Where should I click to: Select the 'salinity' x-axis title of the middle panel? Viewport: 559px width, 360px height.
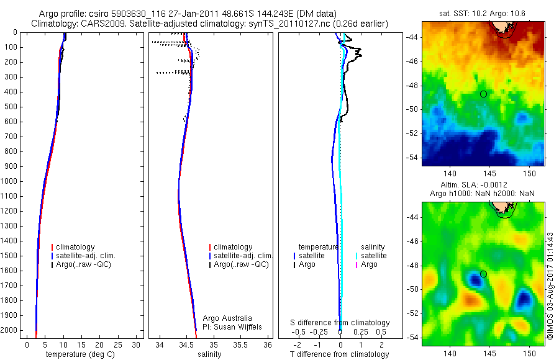point(208,354)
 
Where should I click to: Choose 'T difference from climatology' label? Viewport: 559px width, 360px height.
point(339,354)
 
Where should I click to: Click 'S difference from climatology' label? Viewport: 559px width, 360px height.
point(340,323)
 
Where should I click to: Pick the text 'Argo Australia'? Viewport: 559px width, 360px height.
point(228,318)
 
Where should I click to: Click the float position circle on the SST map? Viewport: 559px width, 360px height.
point(483,94)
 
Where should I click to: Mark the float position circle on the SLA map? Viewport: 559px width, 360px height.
point(483,274)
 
